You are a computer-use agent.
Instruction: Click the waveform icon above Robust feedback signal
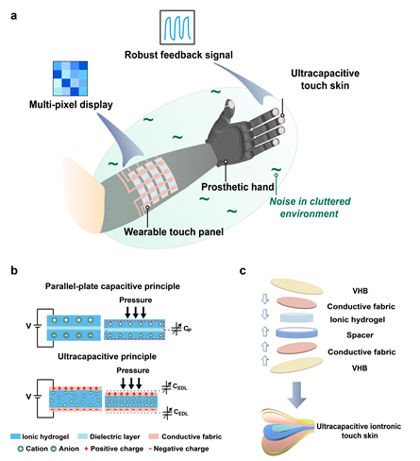(x=177, y=27)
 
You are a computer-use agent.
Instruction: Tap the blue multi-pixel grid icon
(x=70, y=78)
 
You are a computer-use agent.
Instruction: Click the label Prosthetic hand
(x=238, y=187)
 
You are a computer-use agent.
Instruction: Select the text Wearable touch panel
(x=174, y=231)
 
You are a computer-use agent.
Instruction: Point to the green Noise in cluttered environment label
(x=310, y=208)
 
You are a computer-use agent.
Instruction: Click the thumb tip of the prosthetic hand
(x=230, y=104)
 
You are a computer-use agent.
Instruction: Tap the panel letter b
(x=14, y=270)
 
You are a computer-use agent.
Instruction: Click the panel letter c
(x=243, y=271)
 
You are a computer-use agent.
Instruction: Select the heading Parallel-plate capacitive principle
(x=112, y=286)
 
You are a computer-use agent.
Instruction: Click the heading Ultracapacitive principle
(x=108, y=356)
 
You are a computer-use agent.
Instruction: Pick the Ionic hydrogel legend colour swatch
(x=15, y=436)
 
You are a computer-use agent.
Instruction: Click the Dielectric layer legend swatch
(x=82, y=436)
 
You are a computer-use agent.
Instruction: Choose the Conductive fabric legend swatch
(x=154, y=436)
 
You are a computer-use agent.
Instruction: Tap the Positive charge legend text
(x=117, y=449)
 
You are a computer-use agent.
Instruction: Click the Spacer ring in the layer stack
(x=296, y=333)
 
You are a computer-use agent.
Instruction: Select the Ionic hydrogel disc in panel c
(x=296, y=317)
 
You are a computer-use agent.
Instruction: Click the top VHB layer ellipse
(x=296, y=286)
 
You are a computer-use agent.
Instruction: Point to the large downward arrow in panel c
(x=296, y=395)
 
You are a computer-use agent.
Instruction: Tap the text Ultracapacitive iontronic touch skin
(x=359, y=431)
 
